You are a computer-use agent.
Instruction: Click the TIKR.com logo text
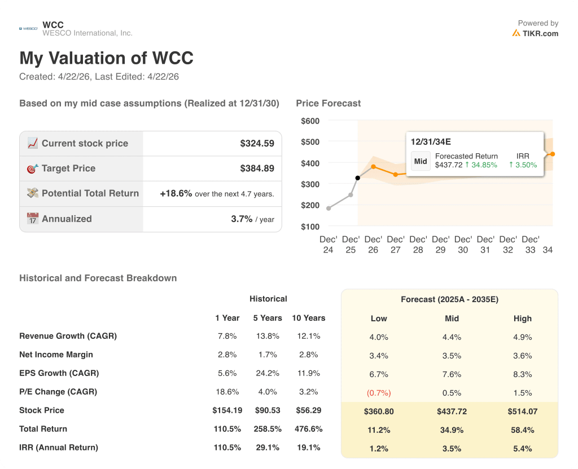[540, 33]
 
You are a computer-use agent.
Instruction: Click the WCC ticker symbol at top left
[53, 25]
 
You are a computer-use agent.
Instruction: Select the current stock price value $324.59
[257, 144]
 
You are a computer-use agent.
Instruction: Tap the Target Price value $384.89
[257, 169]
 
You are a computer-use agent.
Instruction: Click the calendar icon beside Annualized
[33, 219]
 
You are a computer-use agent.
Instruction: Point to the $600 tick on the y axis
[310, 121]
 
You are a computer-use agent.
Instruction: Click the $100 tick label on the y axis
[310, 227]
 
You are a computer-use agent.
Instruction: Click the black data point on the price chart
[357, 178]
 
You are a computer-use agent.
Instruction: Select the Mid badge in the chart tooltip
[421, 161]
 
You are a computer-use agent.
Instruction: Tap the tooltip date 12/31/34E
[431, 141]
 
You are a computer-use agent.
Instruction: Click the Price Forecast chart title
[328, 103]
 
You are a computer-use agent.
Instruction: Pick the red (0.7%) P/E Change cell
[379, 393]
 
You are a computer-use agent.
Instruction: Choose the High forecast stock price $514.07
[522, 412]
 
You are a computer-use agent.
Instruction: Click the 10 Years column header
[308, 318]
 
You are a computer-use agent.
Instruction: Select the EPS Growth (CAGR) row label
[59, 373]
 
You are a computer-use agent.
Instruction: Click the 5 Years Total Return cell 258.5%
[267, 429]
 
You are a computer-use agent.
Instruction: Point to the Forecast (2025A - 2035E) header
[449, 299]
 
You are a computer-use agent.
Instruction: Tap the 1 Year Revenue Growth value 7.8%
[227, 336]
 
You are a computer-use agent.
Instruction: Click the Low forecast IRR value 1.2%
[379, 449]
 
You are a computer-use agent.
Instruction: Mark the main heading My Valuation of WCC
[106, 58]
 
